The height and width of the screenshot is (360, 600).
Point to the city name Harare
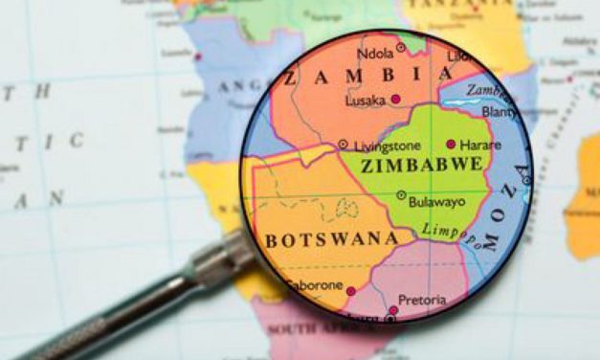click(479, 145)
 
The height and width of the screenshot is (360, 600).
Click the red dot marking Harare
click(451, 145)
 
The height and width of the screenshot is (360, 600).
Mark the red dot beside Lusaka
click(394, 100)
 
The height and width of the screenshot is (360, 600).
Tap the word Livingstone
click(386, 146)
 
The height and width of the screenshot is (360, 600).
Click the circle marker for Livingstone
click(344, 145)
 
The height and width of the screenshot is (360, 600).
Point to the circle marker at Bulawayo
click(401, 195)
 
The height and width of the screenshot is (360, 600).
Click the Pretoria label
click(422, 300)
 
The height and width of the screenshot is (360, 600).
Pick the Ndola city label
click(374, 54)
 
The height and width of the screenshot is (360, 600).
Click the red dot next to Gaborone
click(350, 290)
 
